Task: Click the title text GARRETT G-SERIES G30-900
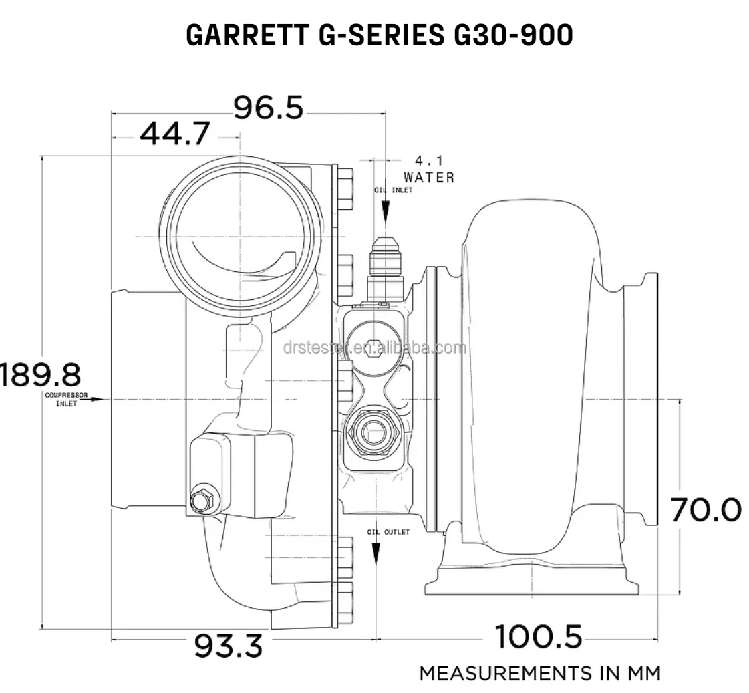coord(379,35)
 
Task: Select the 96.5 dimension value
coord(268,108)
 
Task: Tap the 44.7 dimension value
coord(174,134)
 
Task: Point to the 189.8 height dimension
coord(40,374)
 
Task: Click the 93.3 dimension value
coord(228,646)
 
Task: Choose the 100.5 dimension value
coord(539,636)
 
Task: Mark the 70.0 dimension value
coord(706,510)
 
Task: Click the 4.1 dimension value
coord(429,161)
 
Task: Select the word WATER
coord(429,178)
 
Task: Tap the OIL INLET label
coord(393,190)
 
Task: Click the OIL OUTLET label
coord(388,532)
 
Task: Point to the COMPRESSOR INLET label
coord(66,399)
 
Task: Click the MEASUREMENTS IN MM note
coord(539,672)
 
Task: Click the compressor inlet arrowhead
coord(99,399)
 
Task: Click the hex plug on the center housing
coord(374,348)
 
